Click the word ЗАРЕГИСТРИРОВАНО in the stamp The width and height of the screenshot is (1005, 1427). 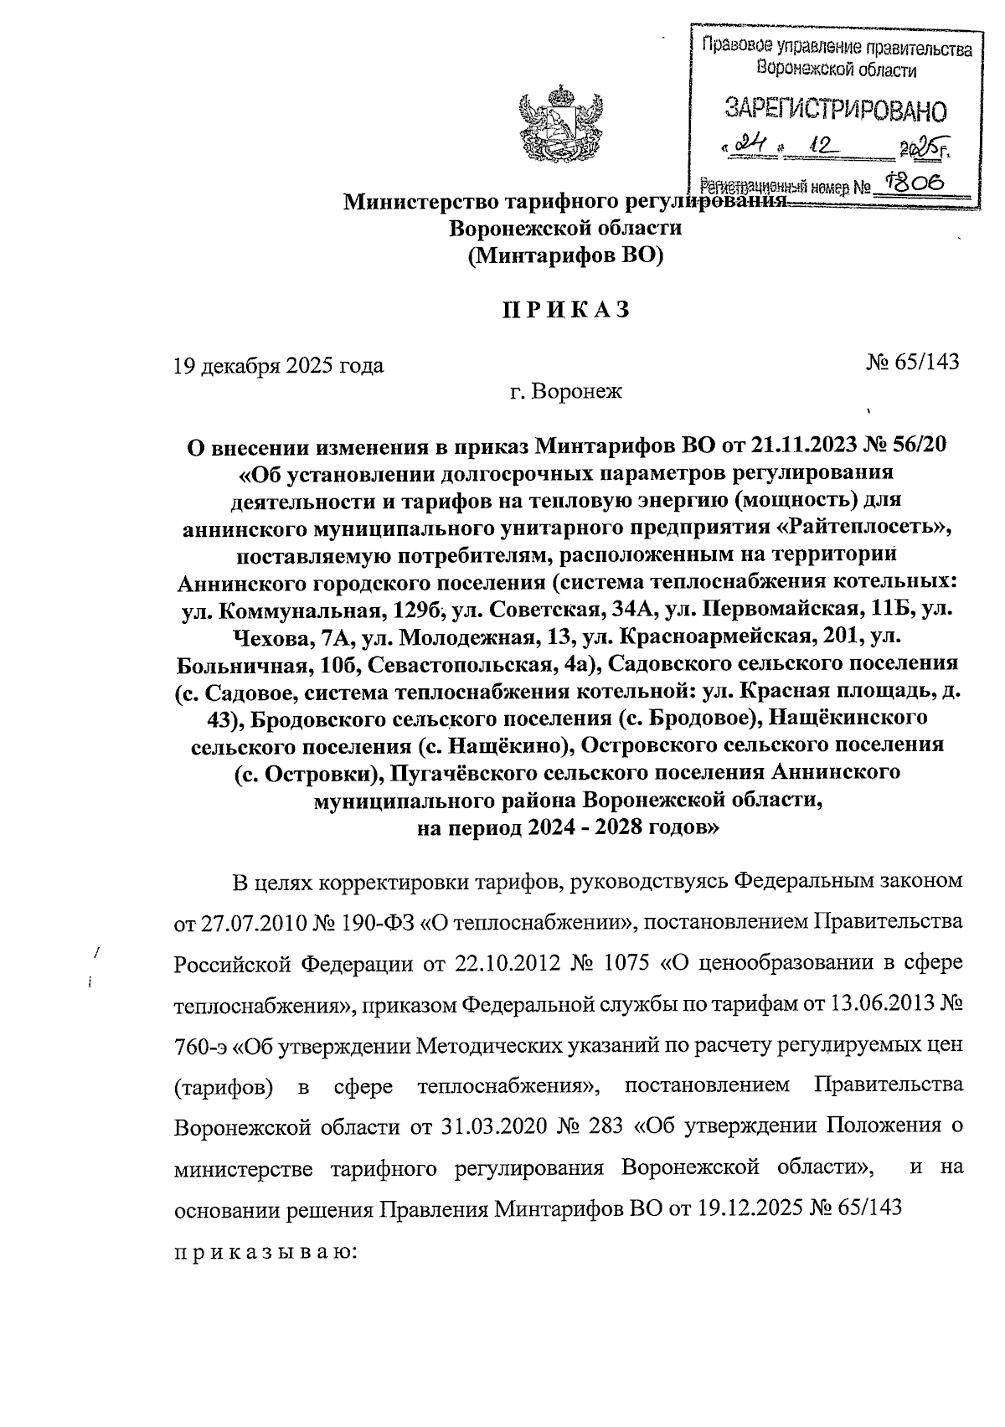836,110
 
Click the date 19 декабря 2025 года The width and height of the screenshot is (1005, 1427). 278,365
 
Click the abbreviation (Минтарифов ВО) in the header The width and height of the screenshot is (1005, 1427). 564,255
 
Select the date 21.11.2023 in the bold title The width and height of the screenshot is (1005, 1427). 807,444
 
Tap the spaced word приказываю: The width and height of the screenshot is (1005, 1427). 265,1252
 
